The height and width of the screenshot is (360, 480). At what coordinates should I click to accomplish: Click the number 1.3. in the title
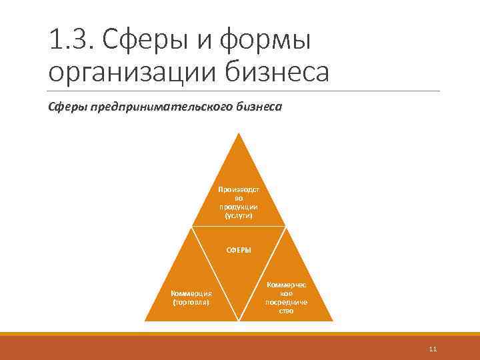[x=69, y=41]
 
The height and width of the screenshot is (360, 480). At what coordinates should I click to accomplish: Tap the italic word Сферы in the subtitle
[x=68, y=107]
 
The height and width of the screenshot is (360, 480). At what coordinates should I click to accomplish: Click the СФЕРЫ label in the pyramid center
[x=239, y=250]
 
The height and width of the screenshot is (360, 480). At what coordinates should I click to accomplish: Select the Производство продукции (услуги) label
[x=239, y=203]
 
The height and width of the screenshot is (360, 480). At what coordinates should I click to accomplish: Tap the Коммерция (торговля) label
[x=191, y=297]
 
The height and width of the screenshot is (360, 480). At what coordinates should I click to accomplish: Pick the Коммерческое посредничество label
[x=287, y=297]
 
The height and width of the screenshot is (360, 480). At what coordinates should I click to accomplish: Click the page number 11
[x=433, y=349]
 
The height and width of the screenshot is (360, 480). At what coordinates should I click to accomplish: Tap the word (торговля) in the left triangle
[x=191, y=302]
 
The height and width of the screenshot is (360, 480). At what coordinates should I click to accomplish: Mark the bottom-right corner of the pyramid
[x=331, y=320]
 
